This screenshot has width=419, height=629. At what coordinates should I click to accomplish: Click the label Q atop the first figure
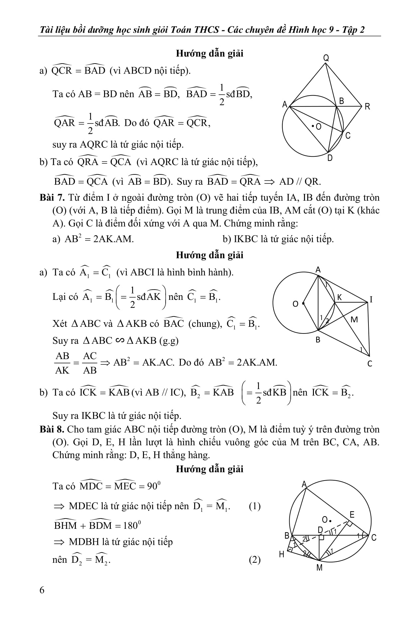326,58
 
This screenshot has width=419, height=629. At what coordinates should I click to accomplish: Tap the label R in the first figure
367,107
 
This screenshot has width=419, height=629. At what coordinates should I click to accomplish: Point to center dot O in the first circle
313,126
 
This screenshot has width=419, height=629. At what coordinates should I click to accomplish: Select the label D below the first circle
330,158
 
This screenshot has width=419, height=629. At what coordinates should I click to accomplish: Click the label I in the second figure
371,300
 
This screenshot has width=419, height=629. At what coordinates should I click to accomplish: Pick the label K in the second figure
340,297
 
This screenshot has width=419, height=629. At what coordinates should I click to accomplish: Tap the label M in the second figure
354,320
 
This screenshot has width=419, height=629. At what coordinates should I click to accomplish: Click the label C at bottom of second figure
370,364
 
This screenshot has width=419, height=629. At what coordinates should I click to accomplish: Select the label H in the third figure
282,554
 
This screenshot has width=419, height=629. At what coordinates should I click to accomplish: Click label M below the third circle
319,568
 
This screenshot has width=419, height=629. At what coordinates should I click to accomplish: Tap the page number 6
42,590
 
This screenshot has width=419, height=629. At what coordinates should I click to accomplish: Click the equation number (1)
254,506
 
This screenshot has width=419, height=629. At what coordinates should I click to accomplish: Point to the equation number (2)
254,560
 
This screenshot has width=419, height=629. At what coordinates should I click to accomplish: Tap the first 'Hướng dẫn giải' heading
209,53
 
